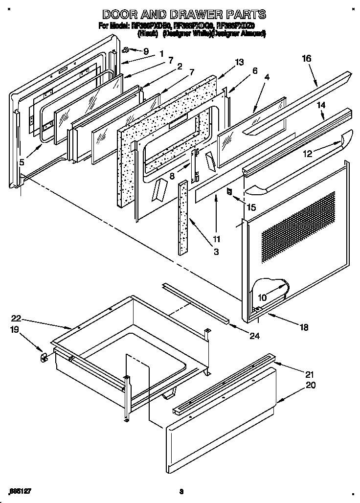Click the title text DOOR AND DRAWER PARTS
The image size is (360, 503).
pyautogui.click(x=184, y=14)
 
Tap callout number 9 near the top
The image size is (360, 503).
pyautogui.click(x=145, y=51)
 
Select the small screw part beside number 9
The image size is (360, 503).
pyautogui.click(x=126, y=49)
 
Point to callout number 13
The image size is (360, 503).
pyautogui.click(x=239, y=62)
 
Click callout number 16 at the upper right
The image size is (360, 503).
pyautogui.click(x=306, y=58)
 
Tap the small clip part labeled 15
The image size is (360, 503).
pyautogui.click(x=229, y=191)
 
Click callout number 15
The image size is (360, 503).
pyautogui.click(x=251, y=207)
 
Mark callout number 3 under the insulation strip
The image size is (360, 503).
pyautogui.click(x=216, y=252)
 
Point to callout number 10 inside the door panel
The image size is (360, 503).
pyautogui.click(x=262, y=297)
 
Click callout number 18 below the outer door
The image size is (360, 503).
pyautogui.click(x=304, y=328)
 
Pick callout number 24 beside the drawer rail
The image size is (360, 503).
pyautogui.click(x=254, y=336)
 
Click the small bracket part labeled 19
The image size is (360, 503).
pyautogui.click(x=43, y=357)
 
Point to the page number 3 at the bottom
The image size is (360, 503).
pyautogui.click(x=180, y=491)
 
